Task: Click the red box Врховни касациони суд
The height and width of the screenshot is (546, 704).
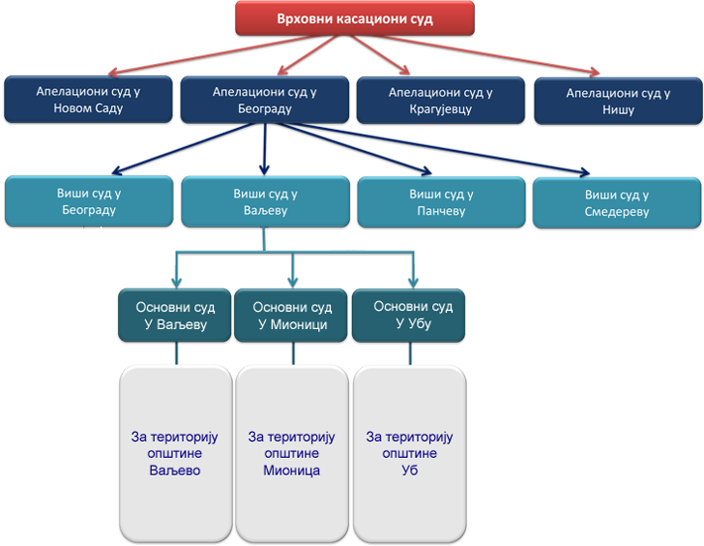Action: pyautogui.click(x=354, y=19)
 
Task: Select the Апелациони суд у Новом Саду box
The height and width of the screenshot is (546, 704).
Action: pyautogui.click(x=88, y=100)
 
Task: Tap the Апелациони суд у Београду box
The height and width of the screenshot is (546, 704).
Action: pyautogui.click(x=265, y=100)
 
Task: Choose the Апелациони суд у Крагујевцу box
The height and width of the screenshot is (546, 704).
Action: pyautogui.click(x=441, y=100)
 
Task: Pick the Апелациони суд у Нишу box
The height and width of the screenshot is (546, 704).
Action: pyautogui.click(x=618, y=101)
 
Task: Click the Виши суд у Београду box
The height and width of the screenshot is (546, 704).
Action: pyautogui.click(x=87, y=202)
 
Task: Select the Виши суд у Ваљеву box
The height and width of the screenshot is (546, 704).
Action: pyautogui.click(x=265, y=202)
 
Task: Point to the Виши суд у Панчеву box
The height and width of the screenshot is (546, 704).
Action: pyautogui.click(x=440, y=202)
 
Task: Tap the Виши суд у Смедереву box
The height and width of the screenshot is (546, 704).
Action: pyautogui.click(x=617, y=203)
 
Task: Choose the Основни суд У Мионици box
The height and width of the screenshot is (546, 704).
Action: pyautogui.click(x=293, y=315)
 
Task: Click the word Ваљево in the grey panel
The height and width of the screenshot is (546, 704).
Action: pyautogui.click(x=174, y=471)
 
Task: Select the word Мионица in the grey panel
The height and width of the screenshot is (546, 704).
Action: pyautogui.click(x=292, y=471)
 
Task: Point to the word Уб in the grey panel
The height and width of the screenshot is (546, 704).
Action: pyautogui.click(x=410, y=471)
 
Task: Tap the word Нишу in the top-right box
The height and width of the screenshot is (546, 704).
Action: pyautogui.click(x=618, y=110)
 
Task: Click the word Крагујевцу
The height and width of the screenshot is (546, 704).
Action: pyautogui.click(x=441, y=109)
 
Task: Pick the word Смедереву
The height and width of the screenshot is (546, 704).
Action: pyautogui.click(x=617, y=212)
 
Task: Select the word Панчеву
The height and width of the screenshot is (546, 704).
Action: pyautogui.click(x=440, y=211)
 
